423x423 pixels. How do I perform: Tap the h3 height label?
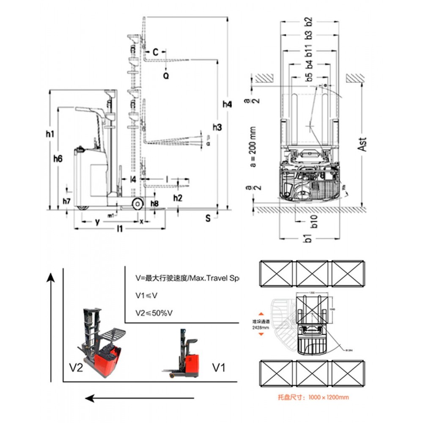[x=217, y=127]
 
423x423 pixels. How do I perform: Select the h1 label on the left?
[x=50, y=134]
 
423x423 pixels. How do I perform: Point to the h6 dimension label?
[x=58, y=159]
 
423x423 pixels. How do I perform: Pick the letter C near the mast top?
[x=155, y=52]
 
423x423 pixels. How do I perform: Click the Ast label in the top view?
[x=362, y=144]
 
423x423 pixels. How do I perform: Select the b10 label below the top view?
[x=313, y=222]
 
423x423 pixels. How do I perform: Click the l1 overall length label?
[x=120, y=229]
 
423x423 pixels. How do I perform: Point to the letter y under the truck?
[x=97, y=221]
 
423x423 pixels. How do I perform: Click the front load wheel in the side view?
[x=137, y=204]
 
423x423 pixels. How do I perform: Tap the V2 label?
[x=76, y=367]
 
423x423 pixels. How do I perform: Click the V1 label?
[x=218, y=367]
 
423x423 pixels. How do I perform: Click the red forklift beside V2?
[x=102, y=343]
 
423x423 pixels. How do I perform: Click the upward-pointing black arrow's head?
[x=50, y=277]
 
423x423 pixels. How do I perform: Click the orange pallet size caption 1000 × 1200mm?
[x=313, y=397]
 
